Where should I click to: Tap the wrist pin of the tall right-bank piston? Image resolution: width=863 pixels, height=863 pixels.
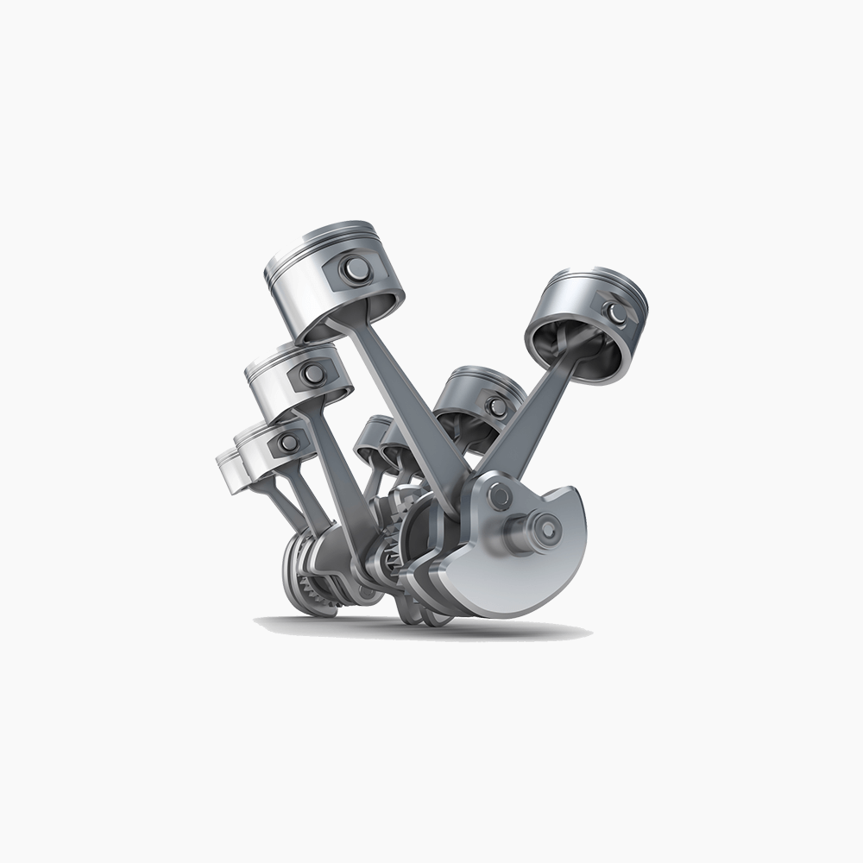click(614, 312)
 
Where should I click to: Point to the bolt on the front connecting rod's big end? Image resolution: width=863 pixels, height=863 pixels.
click(498, 495)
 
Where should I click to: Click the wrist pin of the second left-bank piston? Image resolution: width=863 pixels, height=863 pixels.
click(312, 374)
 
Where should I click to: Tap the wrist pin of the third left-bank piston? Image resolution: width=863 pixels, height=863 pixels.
click(288, 443)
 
